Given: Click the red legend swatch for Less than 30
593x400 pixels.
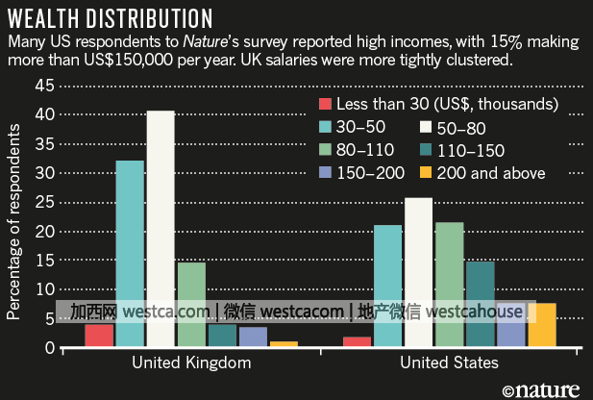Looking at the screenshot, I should (x=325, y=104).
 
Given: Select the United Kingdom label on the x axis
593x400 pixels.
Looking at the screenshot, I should (x=190, y=362).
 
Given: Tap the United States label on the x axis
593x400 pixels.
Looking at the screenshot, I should (x=449, y=362).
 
